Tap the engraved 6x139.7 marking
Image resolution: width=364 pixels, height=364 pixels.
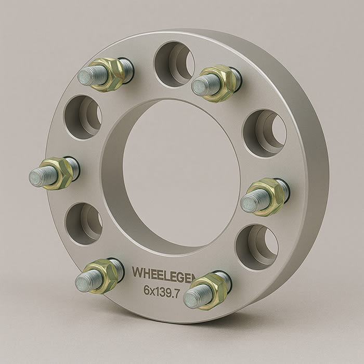click(x=162, y=291)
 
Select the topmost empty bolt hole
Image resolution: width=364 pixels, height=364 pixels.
click(x=174, y=64)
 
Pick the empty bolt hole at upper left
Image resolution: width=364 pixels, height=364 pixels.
click(x=83, y=118)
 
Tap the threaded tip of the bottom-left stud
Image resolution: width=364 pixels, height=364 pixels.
click(x=85, y=281)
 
